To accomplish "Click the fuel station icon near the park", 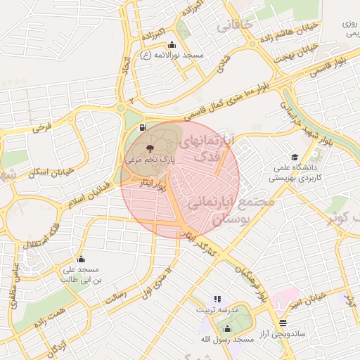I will tap(143, 128).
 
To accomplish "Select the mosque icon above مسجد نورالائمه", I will tap(172, 45).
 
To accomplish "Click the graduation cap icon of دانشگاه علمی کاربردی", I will tap(294, 157).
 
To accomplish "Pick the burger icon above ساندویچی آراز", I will tap(283, 323).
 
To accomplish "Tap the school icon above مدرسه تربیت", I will tap(217, 299).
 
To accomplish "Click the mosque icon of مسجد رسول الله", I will tap(226, 328).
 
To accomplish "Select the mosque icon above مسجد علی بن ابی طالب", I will tap(81, 259).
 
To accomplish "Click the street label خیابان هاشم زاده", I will tap(290, 32).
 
